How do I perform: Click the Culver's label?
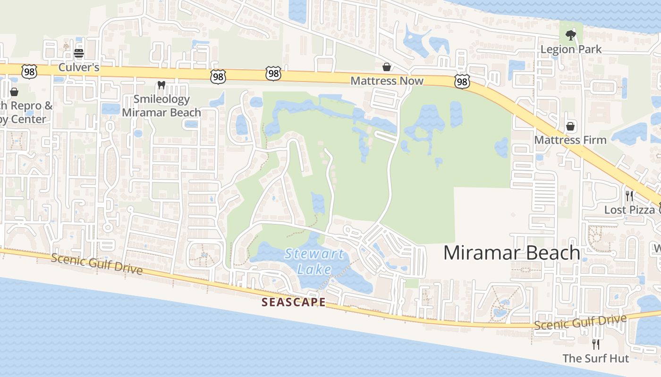[x=79, y=67]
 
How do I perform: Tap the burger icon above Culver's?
[x=79, y=53]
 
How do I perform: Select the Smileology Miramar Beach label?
[x=161, y=106]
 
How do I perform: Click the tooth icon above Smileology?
[x=161, y=85]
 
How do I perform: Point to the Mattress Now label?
[x=387, y=81]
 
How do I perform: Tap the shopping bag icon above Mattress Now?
[x=387, y=66]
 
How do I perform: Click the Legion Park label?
[x=571, y=49]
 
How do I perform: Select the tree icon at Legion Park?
[x=571, y=34]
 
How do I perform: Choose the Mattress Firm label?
[x=570, y=140]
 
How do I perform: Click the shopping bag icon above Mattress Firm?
[x=570, y=126]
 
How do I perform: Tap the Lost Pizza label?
[x=629, y=210]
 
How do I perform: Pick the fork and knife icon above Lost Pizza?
[x=629, y=196]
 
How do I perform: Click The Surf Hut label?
[x=596, y=358]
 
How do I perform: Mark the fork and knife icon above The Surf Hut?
[x=596, y=344]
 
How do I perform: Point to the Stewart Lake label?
[x=314, y=261]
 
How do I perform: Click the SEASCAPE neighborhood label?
[x=294, y=302]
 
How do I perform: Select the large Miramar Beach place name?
[x=511, y=253]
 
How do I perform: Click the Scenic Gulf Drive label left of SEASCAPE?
[x=96, y=264]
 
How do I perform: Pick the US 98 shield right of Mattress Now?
[x=462, y=82]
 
